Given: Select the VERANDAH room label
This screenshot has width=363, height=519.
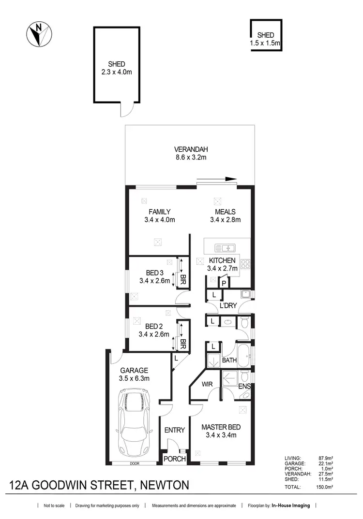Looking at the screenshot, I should tap(189, 149).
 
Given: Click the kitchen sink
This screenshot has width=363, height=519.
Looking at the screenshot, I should tap(225, 248).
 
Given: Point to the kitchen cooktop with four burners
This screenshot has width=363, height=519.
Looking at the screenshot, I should tap(245, 264).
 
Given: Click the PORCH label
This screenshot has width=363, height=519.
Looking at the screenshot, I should tap(174, 459).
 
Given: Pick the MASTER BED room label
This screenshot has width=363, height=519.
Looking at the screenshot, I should tap(221, 427).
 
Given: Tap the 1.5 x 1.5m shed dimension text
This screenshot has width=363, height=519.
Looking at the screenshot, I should tap(266, 43).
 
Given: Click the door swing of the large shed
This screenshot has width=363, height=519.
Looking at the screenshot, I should tap(126, 111).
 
